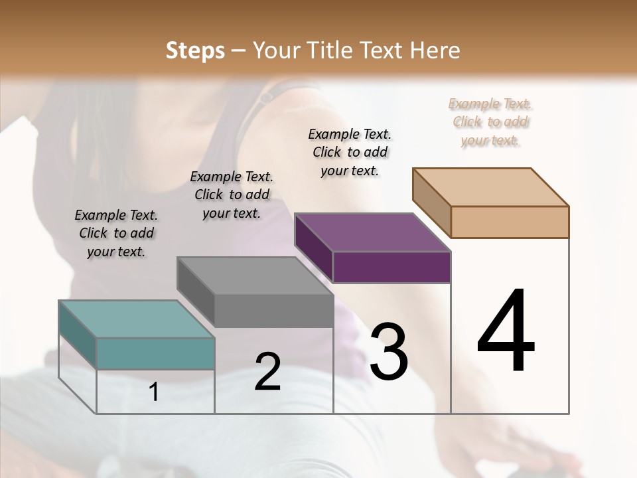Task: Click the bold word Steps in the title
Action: [195, 50]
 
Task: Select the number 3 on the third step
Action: [389, 351]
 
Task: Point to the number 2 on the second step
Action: [267, 372]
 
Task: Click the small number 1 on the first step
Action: [154, 392]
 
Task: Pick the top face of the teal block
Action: [136, 319]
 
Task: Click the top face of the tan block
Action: [490, 187]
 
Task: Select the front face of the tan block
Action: [510, 222]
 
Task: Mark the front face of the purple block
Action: [391, 268]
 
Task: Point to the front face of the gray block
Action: [273, 311]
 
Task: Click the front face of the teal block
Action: [155, 353]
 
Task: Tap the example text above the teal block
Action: [116, 233]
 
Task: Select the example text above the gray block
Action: [232, 195]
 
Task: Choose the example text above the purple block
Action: [350, 152]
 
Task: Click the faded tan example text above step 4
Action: [490, 121]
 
